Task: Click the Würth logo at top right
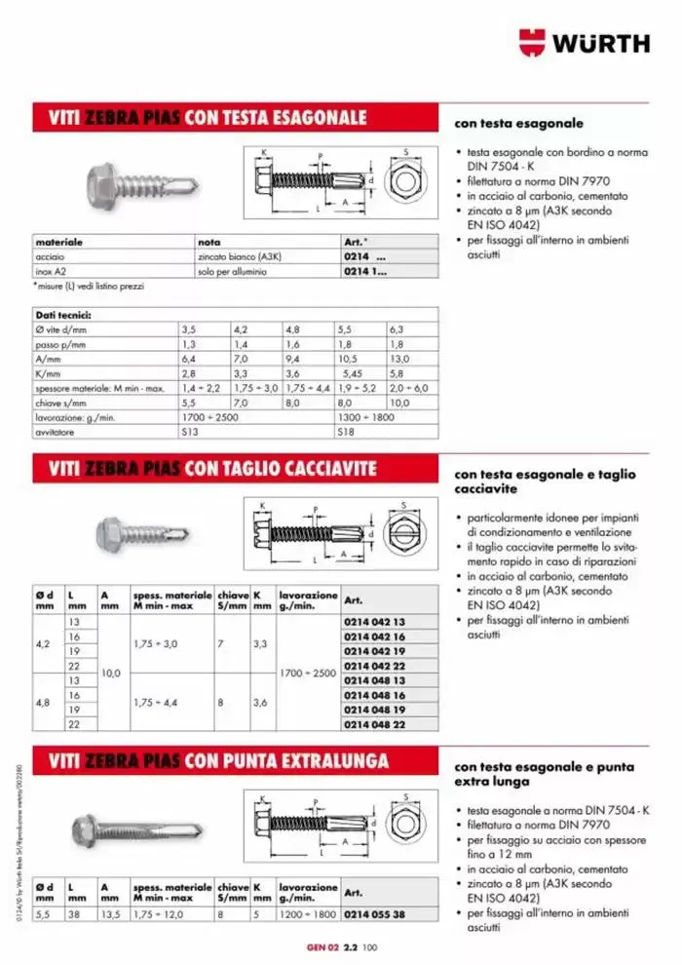click(x=585, y=43)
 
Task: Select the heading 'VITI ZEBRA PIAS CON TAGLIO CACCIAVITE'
click(x=212, y=469)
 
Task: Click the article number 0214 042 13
click(x=374, y=620)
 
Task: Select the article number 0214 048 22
click(x=374, y=725)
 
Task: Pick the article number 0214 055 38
click(x=374, y=915)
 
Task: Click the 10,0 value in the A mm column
click(x=112, y=673)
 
